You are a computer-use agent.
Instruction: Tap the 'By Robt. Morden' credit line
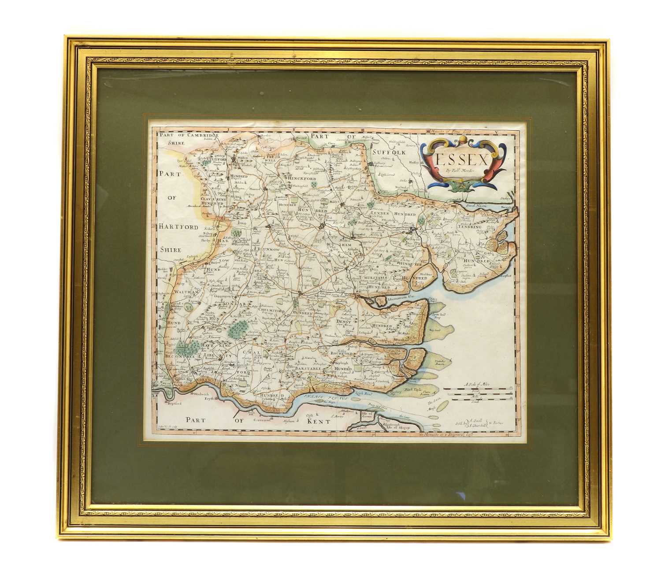click(462, 171)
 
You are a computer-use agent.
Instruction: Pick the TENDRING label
click(469, 228)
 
